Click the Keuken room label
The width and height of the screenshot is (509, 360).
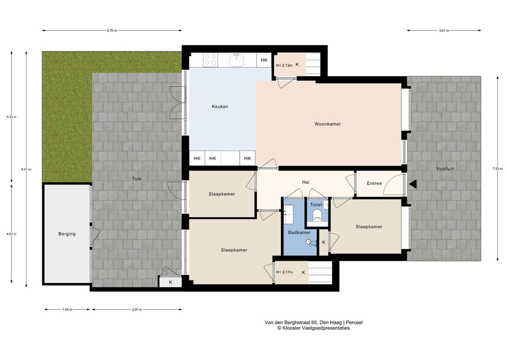pyautogui.click(x=220, y=106)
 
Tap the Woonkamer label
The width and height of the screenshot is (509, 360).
pyautogui.click(x=328, y=124)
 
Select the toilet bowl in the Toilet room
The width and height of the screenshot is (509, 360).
pyautogui.click(x=317, y=216)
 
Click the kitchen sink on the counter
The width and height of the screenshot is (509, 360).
pyautogui.click(x=237, y=60)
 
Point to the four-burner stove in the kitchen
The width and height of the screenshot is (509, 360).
pyautogui.click(x=210, y=60)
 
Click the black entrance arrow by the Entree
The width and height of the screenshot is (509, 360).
pyautogui.click(x=413, y=184)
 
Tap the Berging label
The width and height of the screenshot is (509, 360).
pyautogui.click(x=67, y=234)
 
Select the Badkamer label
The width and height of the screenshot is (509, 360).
pyautogui.click(x=299, y=232)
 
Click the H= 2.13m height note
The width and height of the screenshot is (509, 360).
pyautogui.click(x=282, y=65)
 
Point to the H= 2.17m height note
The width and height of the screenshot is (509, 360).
pyautogui.click(x=284, y=272)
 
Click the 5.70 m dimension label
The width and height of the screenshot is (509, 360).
pyautogui.click(x=112, y=31)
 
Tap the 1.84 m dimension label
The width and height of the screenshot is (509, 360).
pyautogui.click(x=67, y=309)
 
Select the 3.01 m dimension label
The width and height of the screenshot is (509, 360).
pyautogui.click(x=443, y=31)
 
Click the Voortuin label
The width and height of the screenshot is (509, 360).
pyautogui.click(x=445, y=169)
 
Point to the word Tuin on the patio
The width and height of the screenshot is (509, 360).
pyautogui.click(x=136, y=179)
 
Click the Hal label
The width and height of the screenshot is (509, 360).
pyautogui.click(x=306, y=182)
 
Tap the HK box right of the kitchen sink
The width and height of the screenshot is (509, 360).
pyautogui.click(x=263, y=60)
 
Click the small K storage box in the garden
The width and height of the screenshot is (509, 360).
pyautogui.click(x=170, y=282)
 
